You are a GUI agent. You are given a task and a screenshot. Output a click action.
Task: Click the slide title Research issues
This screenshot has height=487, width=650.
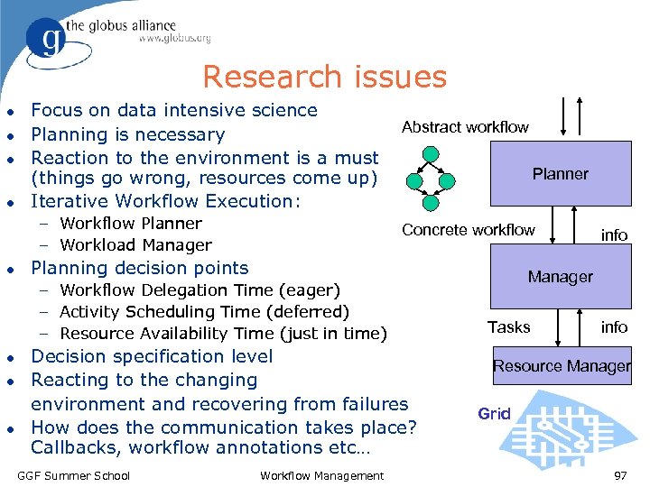pos(324,77)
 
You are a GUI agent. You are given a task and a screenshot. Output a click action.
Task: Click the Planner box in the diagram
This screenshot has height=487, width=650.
pos(560,174)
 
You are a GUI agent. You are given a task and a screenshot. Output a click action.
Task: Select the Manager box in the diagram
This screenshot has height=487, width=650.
pos(560,277)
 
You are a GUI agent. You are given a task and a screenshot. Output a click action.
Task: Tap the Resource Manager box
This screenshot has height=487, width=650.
pos(562,366)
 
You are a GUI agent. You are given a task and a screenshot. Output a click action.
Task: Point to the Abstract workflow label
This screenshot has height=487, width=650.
pos(465,127)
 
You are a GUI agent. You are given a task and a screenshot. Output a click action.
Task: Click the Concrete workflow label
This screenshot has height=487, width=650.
pos(468,230)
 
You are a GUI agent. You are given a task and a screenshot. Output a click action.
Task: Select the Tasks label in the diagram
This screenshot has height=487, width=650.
pos(509,326)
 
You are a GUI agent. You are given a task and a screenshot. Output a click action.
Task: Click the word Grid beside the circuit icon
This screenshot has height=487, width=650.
pos(494,414)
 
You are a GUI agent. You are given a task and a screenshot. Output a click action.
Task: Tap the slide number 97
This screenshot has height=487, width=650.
pos(620,475)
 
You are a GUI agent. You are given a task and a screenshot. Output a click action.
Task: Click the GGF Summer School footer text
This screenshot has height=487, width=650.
pos(74,475)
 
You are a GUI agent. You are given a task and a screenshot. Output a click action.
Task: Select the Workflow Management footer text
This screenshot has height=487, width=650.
pos(321,475)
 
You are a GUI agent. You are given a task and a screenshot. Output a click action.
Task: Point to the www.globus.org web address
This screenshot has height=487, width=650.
pos(174,39)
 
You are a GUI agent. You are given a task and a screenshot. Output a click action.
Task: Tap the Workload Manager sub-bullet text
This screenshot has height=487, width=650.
pos(135,245)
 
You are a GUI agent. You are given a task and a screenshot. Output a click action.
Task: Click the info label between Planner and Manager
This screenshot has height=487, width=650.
pos(614,234)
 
